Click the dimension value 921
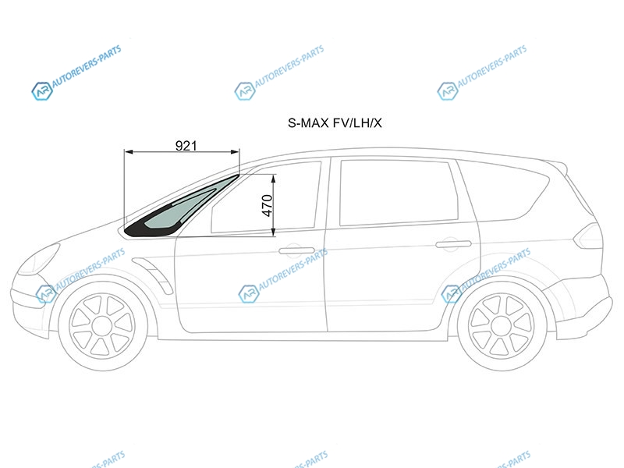tap(186, 146)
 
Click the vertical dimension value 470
tap(268, 205)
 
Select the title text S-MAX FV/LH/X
tap(335, 123)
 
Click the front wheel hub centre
tap(102, 327)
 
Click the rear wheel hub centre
tap(502, 327)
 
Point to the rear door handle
tap(453, 243)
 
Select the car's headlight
tap(39, 260)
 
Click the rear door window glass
tap(399, 192)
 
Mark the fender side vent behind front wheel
tap(153, 275)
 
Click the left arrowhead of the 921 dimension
tap(129, 151)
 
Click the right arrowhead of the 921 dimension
tap(236, 151)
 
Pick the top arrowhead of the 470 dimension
tap(274, 179)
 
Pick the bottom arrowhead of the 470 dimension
tap(274, 232)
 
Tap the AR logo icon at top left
tap(42, 91)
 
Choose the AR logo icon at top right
tap(447, 91)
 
